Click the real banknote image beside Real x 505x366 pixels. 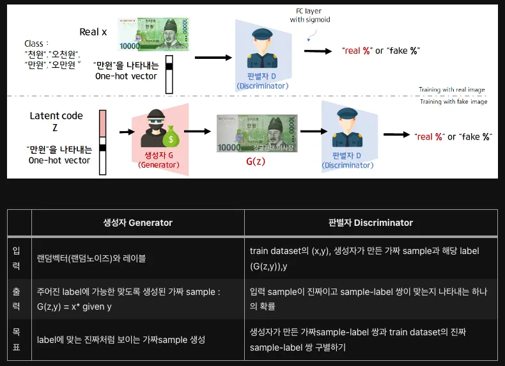[153, 34]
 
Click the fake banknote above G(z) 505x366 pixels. [258, 133]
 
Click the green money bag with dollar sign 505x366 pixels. [171, 138]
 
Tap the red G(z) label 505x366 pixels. [256, 161]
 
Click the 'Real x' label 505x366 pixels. [93, 32]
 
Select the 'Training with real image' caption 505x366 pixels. [451, 90]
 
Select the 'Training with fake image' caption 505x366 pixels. [453, 102]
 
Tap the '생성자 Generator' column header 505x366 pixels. [137, 223]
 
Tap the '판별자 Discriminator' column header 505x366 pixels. [370, 223]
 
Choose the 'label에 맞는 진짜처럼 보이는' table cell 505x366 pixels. [121, 340]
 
